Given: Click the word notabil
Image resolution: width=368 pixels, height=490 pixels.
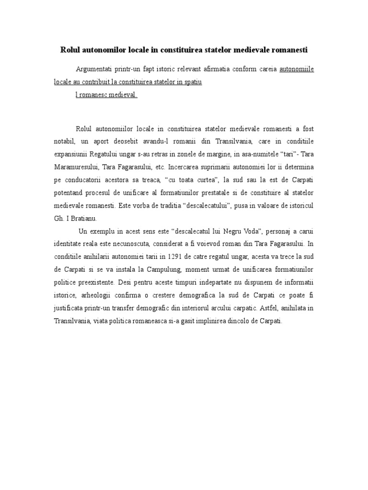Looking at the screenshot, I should (64, 142).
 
